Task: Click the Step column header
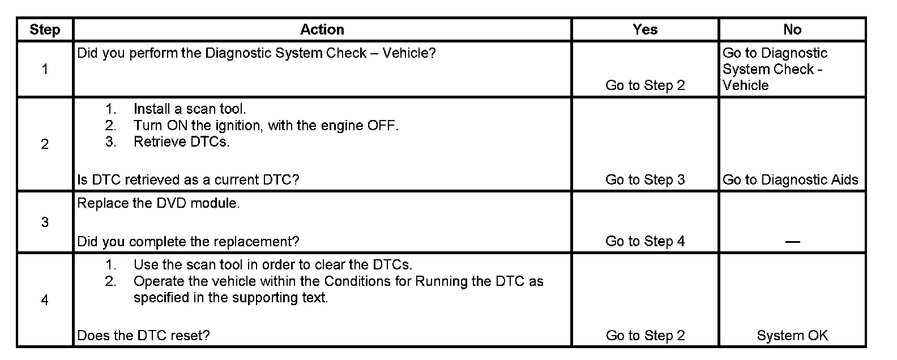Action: [45, 29]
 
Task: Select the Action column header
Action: [322, 29]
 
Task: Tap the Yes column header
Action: [645, 29]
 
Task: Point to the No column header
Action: [792, 29]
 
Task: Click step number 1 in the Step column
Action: [45, 69]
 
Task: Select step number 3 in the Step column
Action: [45, 222]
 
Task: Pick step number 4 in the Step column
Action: [45, 299]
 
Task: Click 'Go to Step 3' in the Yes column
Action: [645, 180]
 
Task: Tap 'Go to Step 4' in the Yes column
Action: [645, 241]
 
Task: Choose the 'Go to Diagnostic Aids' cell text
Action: [791, 180]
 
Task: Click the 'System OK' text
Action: [792, 336]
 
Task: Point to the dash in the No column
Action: [792, 242]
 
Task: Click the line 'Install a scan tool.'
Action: [190, 109]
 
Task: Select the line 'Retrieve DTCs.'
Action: [181, 142]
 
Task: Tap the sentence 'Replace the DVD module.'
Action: [158, 204]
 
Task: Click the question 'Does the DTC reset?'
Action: [143, 336]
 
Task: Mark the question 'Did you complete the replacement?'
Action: [188, 242]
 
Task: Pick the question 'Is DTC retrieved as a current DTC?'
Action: [188, 180]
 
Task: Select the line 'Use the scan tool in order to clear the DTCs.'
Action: [273, 264]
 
